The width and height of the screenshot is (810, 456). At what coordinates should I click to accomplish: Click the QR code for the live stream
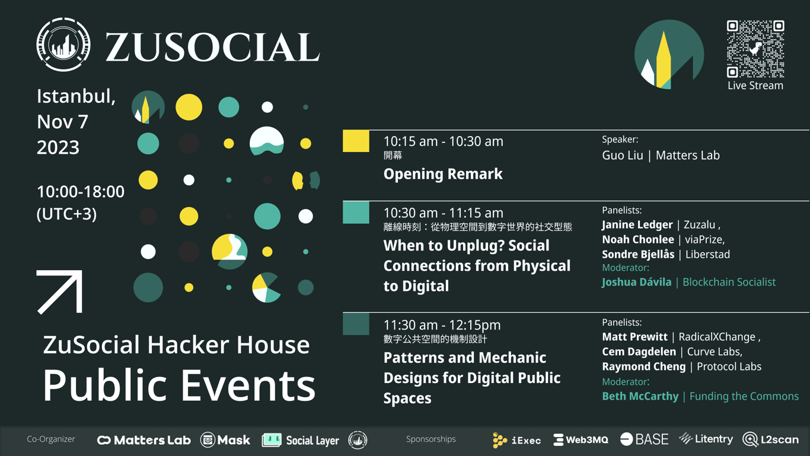pos(755,49)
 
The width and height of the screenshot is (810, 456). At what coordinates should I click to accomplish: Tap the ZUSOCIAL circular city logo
pos(63,45)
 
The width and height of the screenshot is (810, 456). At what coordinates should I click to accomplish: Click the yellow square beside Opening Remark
pos(356,141)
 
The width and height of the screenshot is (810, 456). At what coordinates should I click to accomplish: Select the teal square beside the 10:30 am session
pos(356,213)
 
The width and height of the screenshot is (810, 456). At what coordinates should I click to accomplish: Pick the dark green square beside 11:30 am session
pos(356,324)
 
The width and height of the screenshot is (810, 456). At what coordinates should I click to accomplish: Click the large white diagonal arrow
pos(60,292)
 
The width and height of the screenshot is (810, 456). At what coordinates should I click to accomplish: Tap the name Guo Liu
pos(623,156)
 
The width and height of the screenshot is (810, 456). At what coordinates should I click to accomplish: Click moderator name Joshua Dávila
pos(636,282)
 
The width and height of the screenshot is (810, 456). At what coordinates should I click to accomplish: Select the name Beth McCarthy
pos(640,396)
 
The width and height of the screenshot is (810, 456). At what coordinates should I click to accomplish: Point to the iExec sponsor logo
pos(516,440)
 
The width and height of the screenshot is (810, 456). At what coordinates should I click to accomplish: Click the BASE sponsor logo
pos(644,439)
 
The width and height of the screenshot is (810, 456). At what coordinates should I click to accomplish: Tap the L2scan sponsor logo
pos(771,440)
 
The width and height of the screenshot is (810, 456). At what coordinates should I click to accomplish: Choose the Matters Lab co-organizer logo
pos(144,440)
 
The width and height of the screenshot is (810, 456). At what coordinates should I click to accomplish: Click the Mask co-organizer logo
pos(225,440)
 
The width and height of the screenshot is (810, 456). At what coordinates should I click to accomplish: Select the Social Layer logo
pos(301,440)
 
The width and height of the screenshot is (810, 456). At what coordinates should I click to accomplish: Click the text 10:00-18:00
pos(81,192)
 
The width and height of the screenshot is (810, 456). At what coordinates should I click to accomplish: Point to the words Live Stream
pos(755,85)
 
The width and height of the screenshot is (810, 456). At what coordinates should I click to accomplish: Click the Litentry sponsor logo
pos(706,439)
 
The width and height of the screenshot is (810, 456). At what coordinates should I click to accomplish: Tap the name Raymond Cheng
pos(643,366)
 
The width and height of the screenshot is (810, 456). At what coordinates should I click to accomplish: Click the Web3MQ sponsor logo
pos(581,440)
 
